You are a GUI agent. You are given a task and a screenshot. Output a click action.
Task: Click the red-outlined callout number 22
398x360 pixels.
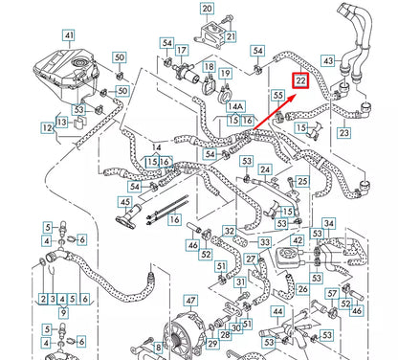pos(301,81)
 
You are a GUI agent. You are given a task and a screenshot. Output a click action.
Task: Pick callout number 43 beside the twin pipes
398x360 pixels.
pos(327,61)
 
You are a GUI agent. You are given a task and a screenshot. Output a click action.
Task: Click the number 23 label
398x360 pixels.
pos(344,133)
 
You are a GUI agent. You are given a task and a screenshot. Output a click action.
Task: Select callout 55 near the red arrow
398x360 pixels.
pos(278,97)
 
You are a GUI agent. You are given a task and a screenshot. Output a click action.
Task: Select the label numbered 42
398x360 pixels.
pos(298,240)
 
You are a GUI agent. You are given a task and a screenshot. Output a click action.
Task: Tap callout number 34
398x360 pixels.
pos(329,225)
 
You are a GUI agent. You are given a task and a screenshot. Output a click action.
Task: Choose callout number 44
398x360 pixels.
pos(277,312)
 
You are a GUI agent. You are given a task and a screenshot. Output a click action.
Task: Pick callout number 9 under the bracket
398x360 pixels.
pos(65,313)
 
